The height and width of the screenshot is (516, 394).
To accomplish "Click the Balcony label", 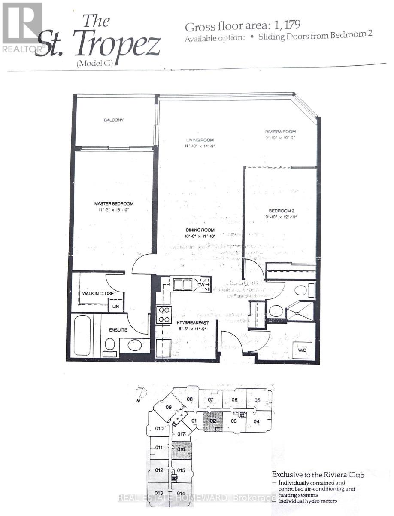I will click(114, 120).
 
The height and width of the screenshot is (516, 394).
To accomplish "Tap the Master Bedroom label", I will click(114, 203).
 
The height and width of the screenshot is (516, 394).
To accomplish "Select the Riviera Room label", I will click(280, 132).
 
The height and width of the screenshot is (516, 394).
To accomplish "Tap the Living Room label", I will click(200, 140).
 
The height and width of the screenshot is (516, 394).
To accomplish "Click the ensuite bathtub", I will click(82, 335).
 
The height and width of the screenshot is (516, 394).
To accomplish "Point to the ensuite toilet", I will click(110, 345).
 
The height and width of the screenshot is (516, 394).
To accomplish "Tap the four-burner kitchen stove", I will click(164, 314).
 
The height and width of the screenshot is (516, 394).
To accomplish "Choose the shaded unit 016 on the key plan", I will click(181, 450).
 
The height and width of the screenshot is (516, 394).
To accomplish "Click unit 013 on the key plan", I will click(159, 493).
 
